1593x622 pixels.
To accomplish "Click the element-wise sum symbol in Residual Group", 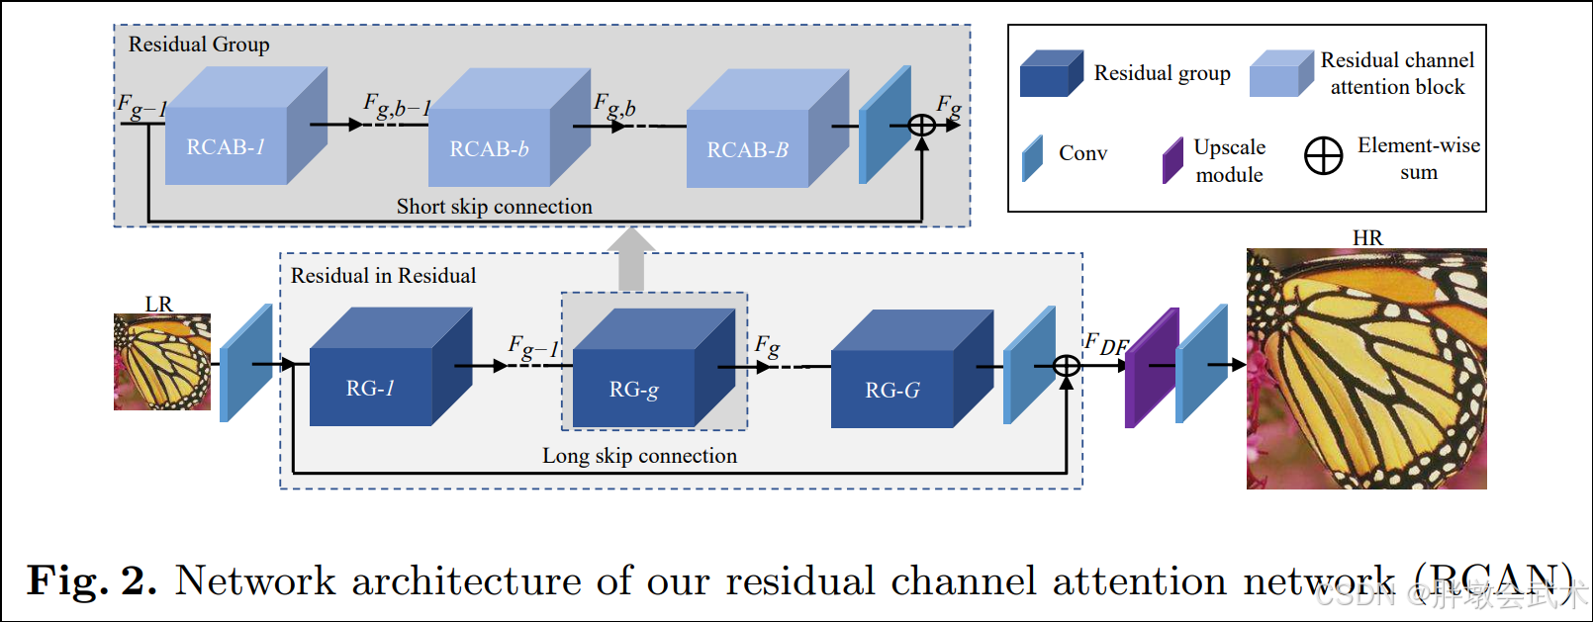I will coord(921,126).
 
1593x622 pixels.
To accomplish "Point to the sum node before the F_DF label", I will coord(1067,367).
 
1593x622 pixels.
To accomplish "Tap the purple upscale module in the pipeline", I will coord(1152,368).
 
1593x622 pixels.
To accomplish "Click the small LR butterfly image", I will coord(162,362).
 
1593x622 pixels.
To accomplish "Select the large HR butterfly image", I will coord(1366,369).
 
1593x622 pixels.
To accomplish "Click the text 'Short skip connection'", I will coord(495,207).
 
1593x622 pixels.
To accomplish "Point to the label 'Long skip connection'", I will coord(639,456).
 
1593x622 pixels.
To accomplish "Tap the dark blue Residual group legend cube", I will coord(1051,74).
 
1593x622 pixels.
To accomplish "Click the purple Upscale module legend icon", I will coord(1172,160).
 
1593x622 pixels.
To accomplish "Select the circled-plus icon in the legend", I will coord(1323,156).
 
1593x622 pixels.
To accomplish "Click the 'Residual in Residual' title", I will coord(383,276).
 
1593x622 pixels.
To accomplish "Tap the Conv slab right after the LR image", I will coord(245,363).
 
